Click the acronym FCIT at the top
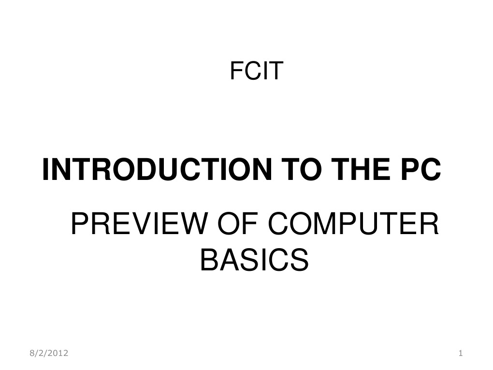point(256,71)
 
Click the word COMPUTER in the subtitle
point(352,225)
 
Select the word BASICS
point(254,260)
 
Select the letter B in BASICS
point(208,260)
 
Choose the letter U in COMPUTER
point(379,225)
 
